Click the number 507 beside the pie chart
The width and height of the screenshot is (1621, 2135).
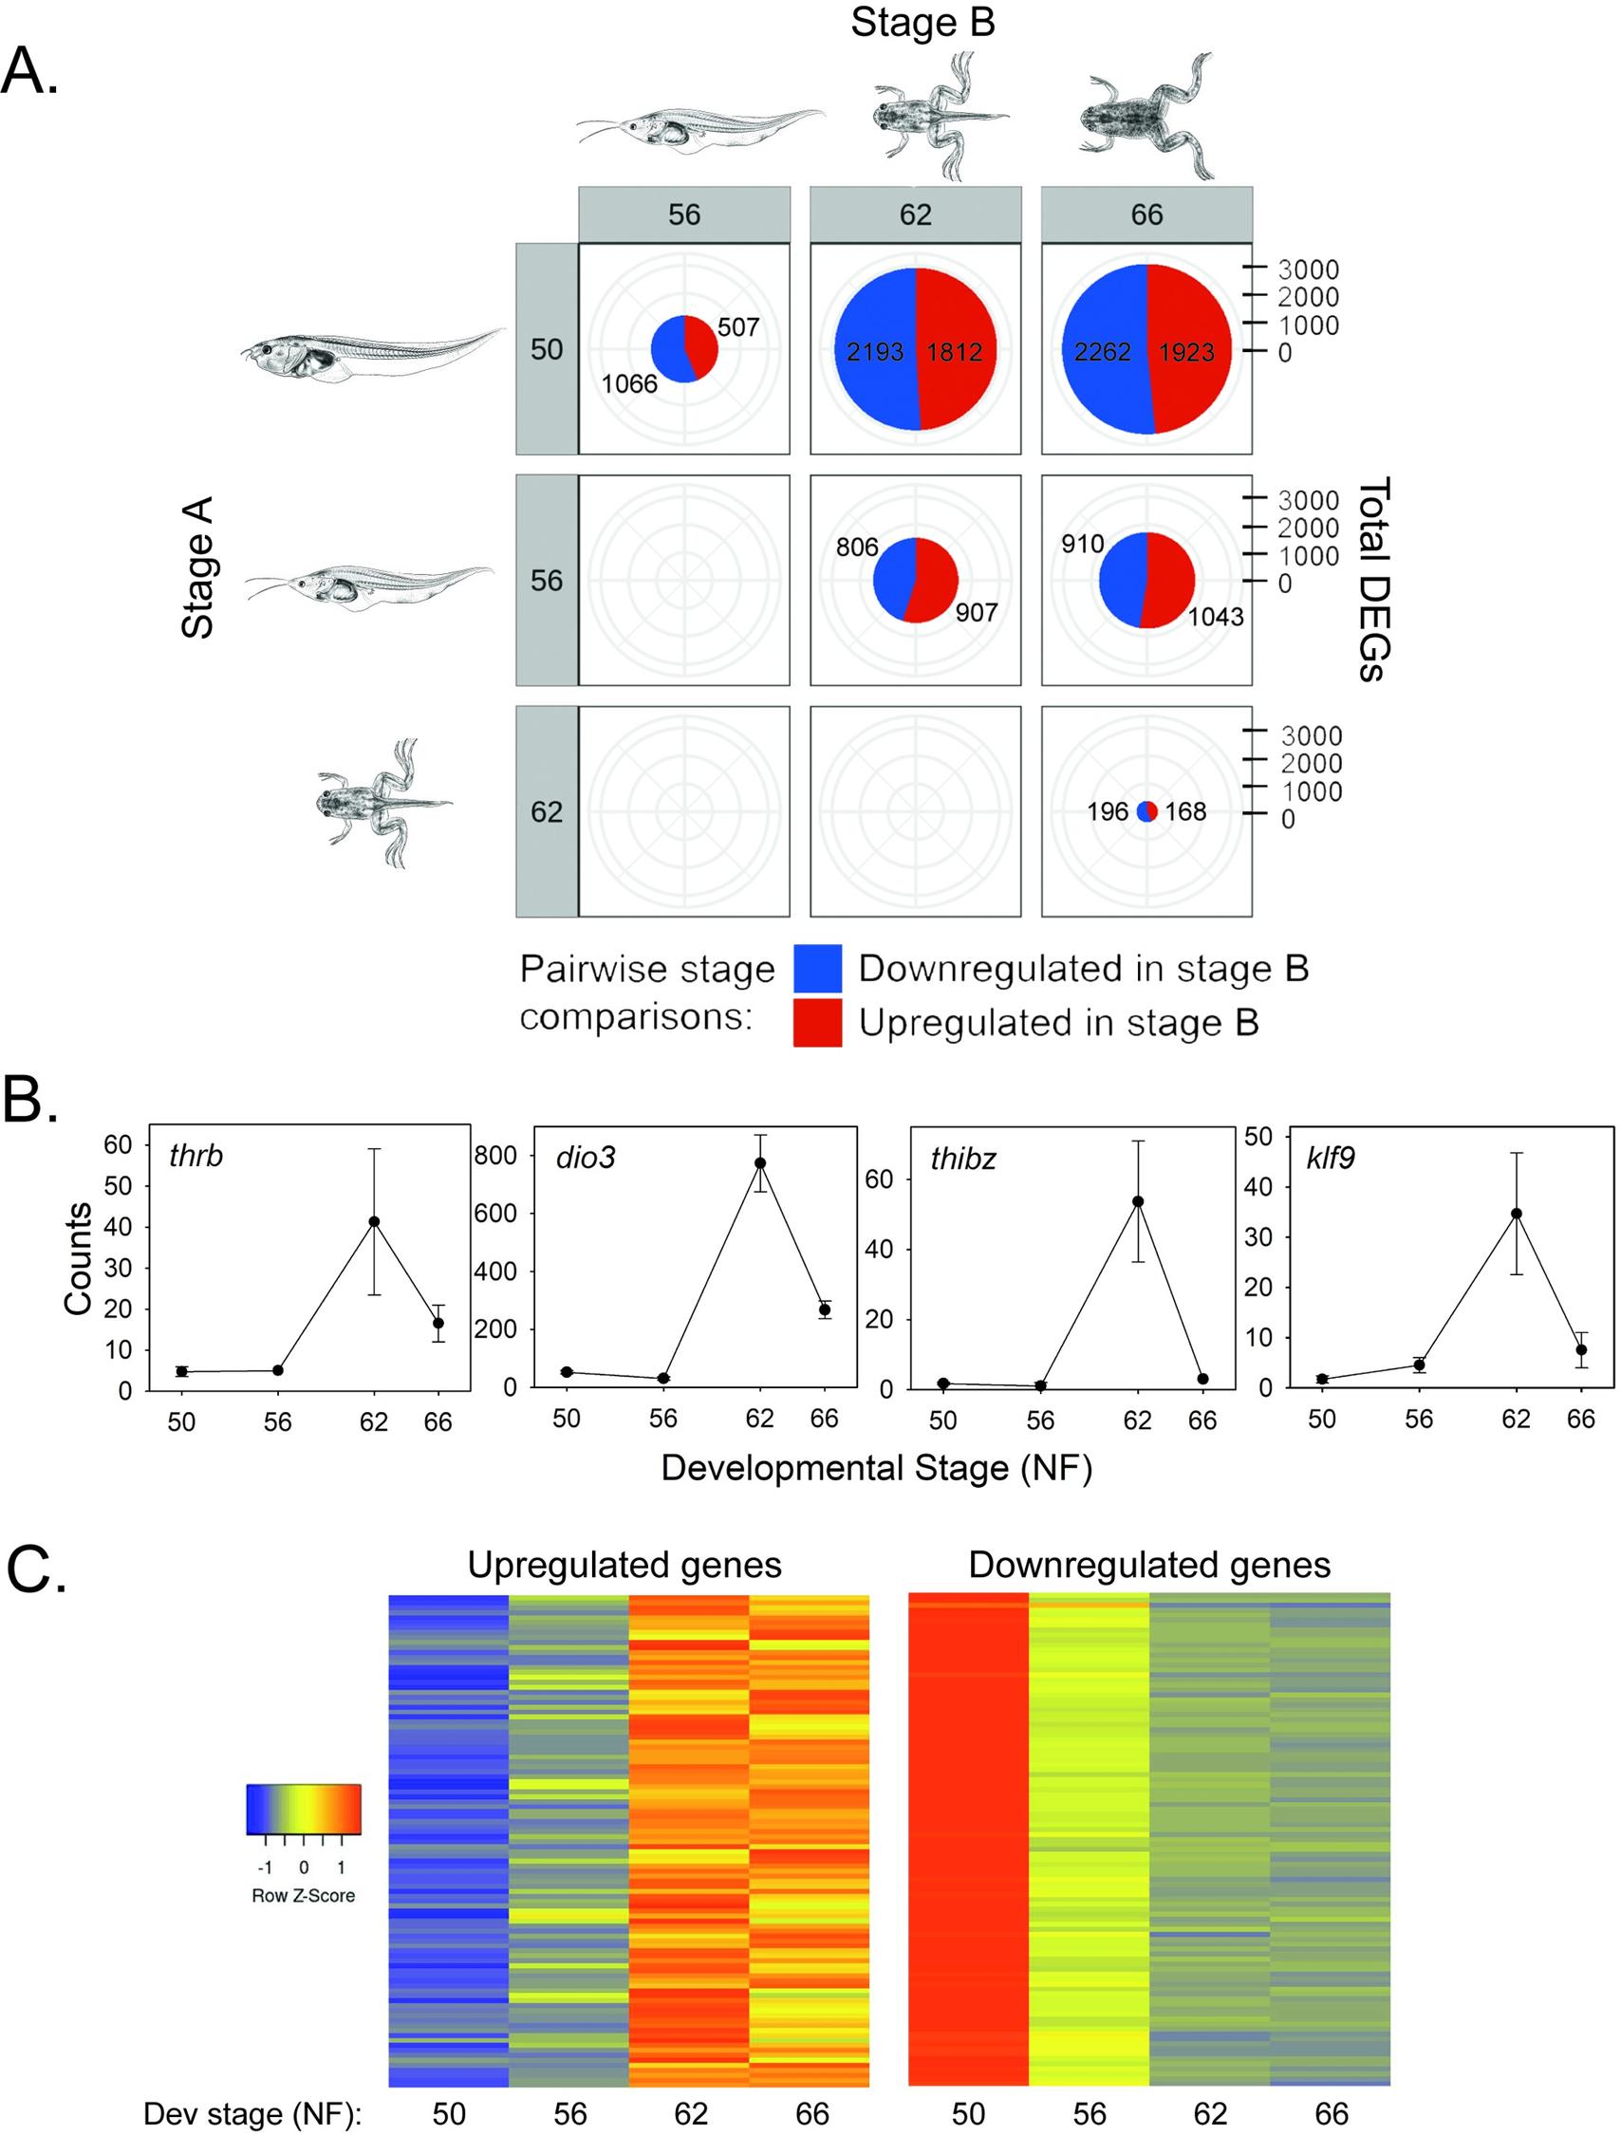coord(737,327)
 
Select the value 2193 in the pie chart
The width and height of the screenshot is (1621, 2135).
coord(875,351)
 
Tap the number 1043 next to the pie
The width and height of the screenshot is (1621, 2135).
coord(1215,616)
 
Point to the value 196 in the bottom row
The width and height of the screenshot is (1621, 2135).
coord(1108,811)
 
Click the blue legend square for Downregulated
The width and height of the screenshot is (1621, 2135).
coord(817,968)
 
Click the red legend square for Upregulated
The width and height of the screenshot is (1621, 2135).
coord(817,1022)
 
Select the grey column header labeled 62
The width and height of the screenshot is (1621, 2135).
coord(915,214)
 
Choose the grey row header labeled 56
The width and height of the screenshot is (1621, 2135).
coord(547,580)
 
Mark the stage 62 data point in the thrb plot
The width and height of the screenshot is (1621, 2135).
coord(374,1222)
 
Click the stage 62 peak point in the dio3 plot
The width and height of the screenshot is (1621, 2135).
coord(760,1163)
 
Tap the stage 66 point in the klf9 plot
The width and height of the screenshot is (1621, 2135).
coord(1580,1349)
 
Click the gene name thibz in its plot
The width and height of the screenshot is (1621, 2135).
coord(962,1159)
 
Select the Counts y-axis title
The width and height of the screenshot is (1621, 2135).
coord(79,1257)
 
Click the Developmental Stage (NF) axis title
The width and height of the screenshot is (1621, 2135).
coord(876,1468)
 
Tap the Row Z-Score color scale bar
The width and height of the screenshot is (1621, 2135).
coord(303,1809)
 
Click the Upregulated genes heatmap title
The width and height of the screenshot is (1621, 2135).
coord(624,1565)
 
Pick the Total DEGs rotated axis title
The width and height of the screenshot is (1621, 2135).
coord(1373,579)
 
